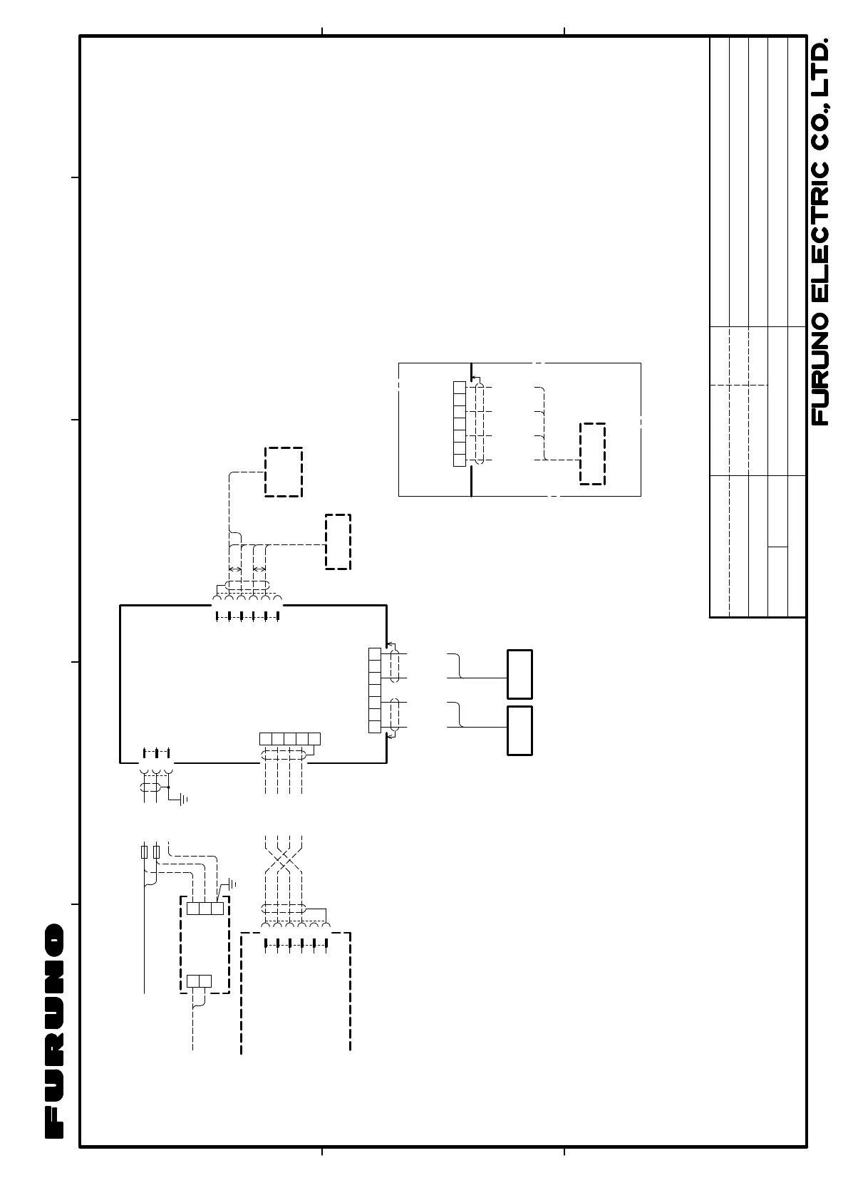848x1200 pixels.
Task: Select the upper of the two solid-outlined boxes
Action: [519, 674]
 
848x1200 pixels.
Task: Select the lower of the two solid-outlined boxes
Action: [519, 730]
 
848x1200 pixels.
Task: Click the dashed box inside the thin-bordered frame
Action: [592, 454]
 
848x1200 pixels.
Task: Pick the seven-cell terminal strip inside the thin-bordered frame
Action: [460, 424]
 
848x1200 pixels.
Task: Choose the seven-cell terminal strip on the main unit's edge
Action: [375, 690]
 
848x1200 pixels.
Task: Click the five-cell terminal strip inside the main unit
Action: [289, 738]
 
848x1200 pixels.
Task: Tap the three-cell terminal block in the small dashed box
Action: [205, 909]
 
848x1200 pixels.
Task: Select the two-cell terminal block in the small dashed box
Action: [199, 981]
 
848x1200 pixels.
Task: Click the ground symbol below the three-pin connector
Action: [183, 799]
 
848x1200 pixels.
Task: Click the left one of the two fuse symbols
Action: [145, 852]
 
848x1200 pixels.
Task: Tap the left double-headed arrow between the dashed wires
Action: [235, 569]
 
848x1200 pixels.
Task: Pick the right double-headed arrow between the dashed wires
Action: [259, 569]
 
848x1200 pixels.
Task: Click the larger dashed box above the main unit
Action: [284, 472]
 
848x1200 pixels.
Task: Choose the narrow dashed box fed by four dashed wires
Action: [338, 542]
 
